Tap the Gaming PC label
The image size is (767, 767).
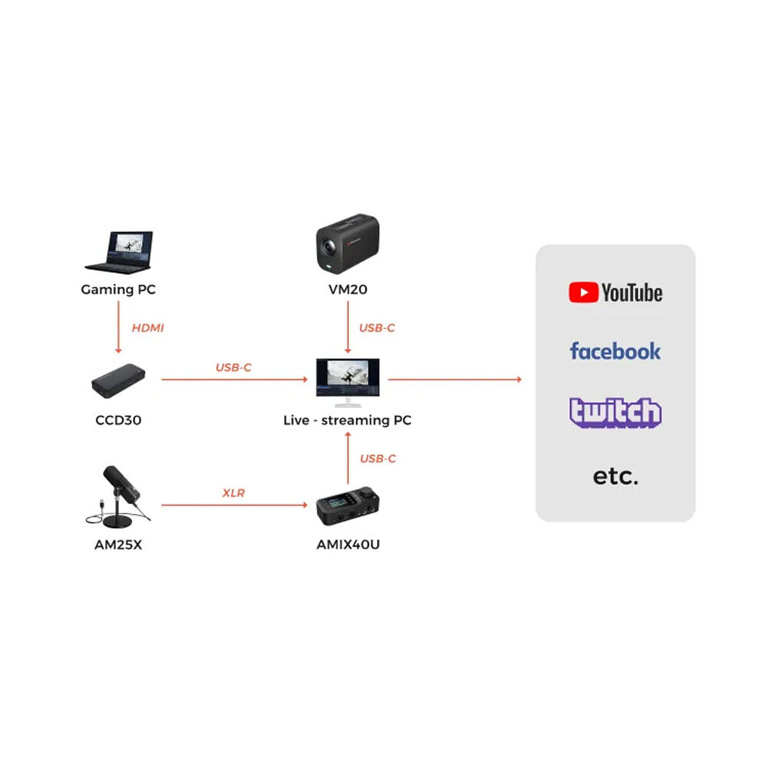(118, 290)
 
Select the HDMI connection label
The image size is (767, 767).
(148, 328)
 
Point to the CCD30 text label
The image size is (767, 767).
(118, 420)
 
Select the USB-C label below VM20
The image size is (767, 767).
(377, 328)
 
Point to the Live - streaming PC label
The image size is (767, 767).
(348, 420)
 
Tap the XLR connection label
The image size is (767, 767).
(234, 493)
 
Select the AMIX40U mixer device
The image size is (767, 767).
(348, 507)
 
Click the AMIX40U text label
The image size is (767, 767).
(348, 545)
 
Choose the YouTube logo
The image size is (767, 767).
(615, 293)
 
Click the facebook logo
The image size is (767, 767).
(615, 351)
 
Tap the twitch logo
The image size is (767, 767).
(615, 413)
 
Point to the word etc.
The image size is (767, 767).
(615, 476)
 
